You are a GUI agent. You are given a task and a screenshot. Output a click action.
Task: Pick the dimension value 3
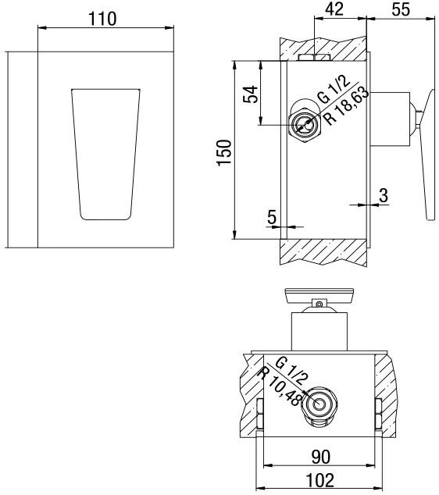[x=383, y=196]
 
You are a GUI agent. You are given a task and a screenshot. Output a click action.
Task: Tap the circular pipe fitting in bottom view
[x=319, y=404]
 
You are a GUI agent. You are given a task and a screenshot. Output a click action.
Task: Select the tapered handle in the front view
[x=105, y=152]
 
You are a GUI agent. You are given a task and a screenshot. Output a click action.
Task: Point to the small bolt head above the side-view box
[x=311, y=57]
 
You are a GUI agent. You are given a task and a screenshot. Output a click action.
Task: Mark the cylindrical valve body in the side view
[x=388, y=119]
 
